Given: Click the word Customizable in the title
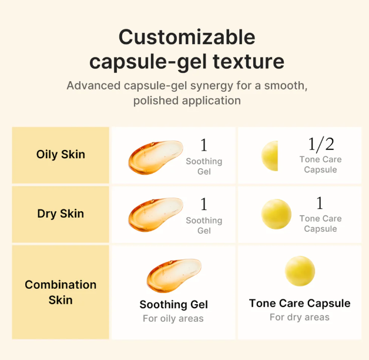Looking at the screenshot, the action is (x=187, y=37).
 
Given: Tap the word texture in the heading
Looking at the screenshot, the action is (x=249, y=61).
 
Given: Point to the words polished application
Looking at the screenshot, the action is (x=187, y=101).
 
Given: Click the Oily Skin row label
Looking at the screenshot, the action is (x=61, y=155).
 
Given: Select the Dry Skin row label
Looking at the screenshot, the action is (x=61, y=214).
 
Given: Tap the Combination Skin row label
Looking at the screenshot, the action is (x=61, y=292).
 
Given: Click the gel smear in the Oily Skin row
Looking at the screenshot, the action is (x=156, y=158).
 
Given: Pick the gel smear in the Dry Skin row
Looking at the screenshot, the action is (x=156, y=215).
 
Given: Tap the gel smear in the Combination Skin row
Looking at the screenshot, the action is (x=174, y=276).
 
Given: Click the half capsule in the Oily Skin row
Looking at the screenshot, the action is (x=270, y=156).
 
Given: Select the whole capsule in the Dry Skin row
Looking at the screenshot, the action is (x=276, y=214).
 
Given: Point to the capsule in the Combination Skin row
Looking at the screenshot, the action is (x=300, y=271).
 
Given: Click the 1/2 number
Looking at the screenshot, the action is (x=321, y=145).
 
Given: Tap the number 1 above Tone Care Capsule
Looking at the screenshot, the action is (x=320, y=203).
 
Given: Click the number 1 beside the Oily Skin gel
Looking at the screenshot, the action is (x=204, y=145).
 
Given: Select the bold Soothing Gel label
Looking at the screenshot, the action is (x=174, y=304).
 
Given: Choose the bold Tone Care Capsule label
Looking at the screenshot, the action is (x=300, y=303).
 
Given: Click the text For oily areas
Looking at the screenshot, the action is (x=173, y=319).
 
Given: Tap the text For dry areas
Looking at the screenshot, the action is (x=300, y=318).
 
